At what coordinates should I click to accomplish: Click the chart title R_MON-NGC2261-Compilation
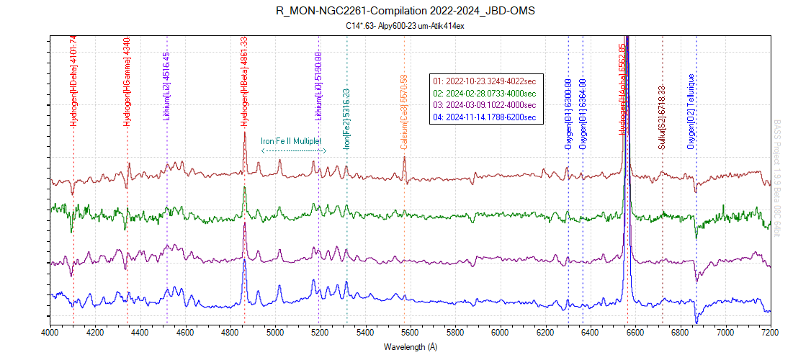pyautogui.click(x=405, y=12)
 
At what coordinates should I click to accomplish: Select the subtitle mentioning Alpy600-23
pyautogui.click(x=405, y=26)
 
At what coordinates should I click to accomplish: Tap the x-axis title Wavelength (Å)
pyautogui.click(x=410, y=346)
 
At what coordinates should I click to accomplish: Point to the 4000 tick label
pyautogui.click(x=50, y=332)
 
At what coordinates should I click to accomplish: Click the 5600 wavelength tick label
pyautogui.click(x=410, y=332)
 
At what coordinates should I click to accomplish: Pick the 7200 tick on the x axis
pyautogui.click(x=770, y=332)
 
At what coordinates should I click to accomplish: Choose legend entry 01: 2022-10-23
pyautogui.click(x=485, y=81)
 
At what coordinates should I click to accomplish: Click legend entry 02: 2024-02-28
pyautogui.click(x=485, y=93)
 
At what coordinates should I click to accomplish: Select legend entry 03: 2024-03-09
pyautogui.click(x=485, y=104)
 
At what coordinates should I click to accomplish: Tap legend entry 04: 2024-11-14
pyautogui.click(x=485, y=116)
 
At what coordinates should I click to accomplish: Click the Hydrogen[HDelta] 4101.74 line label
pyautogui.click(x=73, y=81)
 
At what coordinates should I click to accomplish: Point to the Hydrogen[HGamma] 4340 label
pyautogui.click(x=127, y=81)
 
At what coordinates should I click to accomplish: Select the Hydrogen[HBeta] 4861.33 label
pyautogui.click(x=244, y=81)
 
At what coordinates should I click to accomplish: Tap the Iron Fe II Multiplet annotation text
pyautogui.click(x=291, y=141)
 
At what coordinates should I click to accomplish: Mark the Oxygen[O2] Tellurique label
pyautogui.click(x=691, y=112)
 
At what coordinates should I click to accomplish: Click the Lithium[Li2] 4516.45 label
pyautogui.click(x=166, y=85)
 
